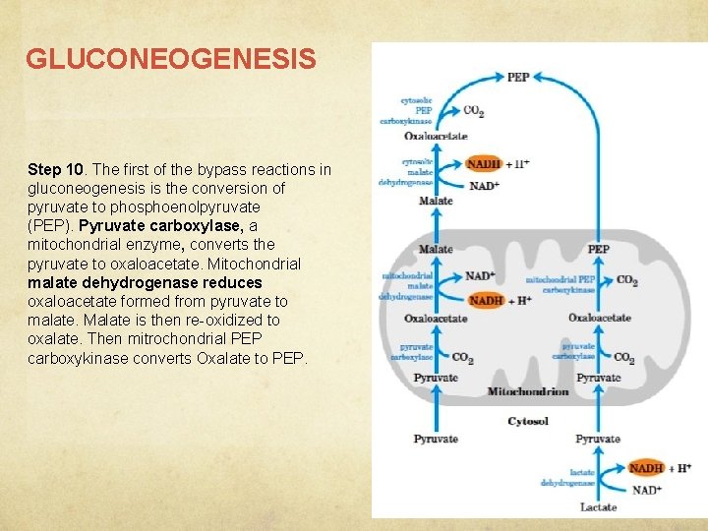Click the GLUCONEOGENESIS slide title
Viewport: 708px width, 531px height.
pyautogui.click(x=171, y=60)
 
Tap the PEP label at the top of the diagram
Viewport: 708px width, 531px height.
pyautogui.click(x=518, y=77)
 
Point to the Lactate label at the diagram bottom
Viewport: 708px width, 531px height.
pyautogui.click(x=598, y=506)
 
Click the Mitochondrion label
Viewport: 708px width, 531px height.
pyautogui.click(x=528, y=391)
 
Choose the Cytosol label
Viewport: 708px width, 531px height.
pyautogui.click(x=528, y=421)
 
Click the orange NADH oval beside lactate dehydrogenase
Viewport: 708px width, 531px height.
pyautogui.click(x=646, y=468)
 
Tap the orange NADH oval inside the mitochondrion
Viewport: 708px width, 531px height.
pyautogui.click(x=486, y=300)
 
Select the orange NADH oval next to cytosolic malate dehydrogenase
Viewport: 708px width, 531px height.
pyautogui.click(x=484, y=163)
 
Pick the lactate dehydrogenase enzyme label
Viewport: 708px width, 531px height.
pyautogui.click(x=568, y=478)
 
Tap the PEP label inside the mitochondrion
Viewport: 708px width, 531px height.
pyautogui.click(x=598, y=250)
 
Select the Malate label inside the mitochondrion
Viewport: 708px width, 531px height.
pyautogui.click(x=436, y=250)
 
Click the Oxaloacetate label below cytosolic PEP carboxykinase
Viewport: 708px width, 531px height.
pyautogui.click(x=436, y=136)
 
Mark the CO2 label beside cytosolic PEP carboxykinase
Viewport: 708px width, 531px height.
pyautogui.click(x=472, y=111)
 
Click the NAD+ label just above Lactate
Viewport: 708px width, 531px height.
pyautogui.click(x=645, y=490)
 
